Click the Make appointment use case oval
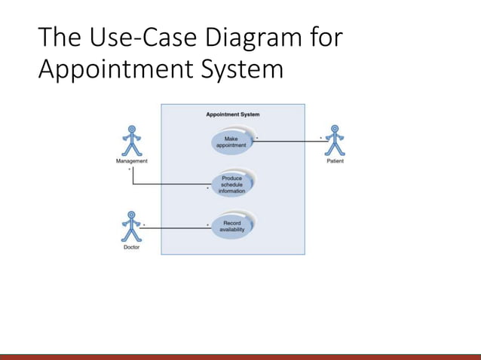pyautogui.click(x=231, y=142)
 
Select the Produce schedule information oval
pyautogui.click(x=231, y=185)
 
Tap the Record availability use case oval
pyautogui.click(x=231, y=226)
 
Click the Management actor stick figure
pyautogui.click(x=132, y=141)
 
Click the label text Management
pyautogui.click(x=132, y=160)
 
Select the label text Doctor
pyautogui.click(x=131, y=247)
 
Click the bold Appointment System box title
pyautogui.click(x=233, y=114)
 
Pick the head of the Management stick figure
pyautogui.click(x=132, y=129)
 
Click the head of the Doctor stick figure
pyautogui.click(x=131, y=215)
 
